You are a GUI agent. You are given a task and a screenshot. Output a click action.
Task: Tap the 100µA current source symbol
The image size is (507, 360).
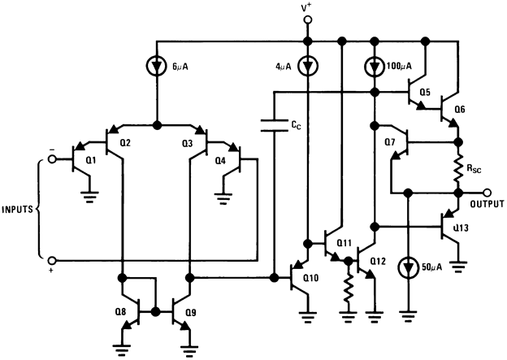(374, 64)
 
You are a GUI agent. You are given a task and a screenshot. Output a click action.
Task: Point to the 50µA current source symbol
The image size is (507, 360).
(406, 268)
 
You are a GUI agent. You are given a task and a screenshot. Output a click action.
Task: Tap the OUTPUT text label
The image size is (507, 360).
(483, 203)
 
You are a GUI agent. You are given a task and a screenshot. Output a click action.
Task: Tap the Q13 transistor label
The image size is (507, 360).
(461, 228)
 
